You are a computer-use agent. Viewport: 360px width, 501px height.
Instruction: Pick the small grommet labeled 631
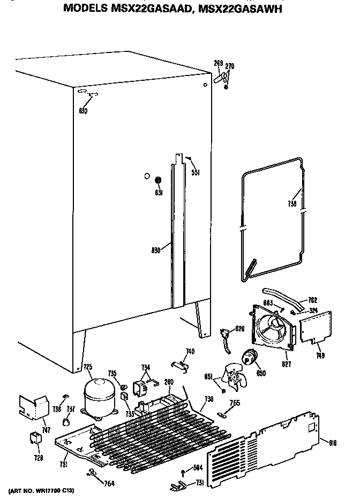(x=159, y=180)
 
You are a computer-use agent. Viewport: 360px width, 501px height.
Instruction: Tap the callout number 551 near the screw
(x=196, y=173)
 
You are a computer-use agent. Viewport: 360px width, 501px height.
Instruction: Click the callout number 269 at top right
(x=218, y=64)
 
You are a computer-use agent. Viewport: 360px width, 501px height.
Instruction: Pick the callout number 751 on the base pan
(x=63, y=464)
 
